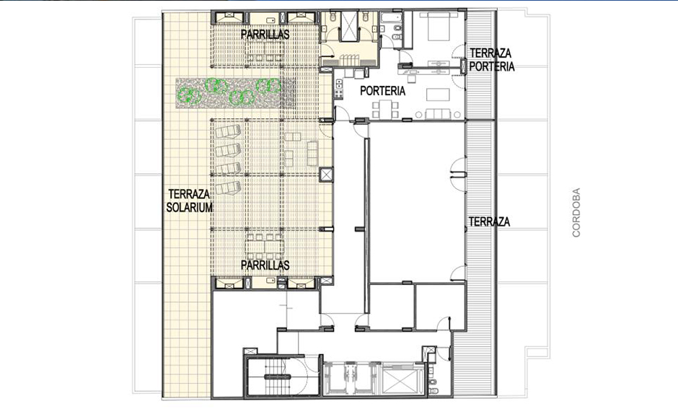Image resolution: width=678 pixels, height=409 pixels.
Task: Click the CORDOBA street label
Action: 576,212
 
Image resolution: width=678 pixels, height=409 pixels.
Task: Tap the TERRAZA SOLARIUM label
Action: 190,201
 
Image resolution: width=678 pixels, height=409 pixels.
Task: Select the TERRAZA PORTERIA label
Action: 492,60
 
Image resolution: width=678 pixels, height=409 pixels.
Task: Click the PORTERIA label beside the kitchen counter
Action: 383,91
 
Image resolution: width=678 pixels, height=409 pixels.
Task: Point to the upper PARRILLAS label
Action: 265,34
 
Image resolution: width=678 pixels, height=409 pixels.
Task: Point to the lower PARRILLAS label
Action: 265,265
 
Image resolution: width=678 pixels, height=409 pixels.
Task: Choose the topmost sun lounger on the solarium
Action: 228,131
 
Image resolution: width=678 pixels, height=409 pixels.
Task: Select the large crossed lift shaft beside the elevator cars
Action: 401,383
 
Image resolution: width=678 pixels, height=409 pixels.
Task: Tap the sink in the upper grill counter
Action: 271,20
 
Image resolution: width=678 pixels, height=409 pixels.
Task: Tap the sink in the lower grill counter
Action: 271,281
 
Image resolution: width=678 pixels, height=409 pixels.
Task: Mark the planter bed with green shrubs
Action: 235,93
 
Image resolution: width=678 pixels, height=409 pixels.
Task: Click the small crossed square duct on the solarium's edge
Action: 326,175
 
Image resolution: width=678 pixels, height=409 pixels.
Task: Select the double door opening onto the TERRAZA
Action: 458,175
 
